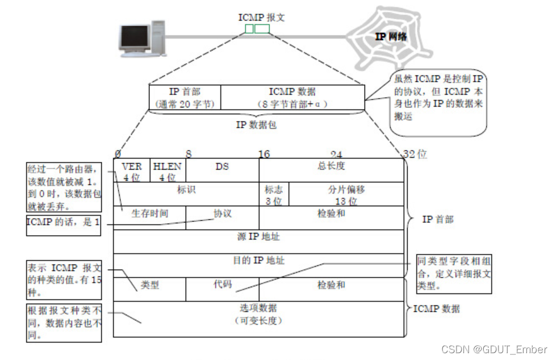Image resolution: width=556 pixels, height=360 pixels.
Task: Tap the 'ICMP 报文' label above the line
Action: coord(261,18)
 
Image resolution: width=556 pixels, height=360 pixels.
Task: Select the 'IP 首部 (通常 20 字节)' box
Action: coord(185,97)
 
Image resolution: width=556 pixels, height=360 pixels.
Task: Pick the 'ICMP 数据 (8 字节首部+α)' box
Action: coord(292,97)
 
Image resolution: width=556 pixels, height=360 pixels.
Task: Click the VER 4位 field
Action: coord(132,171)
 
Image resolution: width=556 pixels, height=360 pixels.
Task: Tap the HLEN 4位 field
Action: coord(168,171)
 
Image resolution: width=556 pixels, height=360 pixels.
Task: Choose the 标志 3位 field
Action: coord(274,194)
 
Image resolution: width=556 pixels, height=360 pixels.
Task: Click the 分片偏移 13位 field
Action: coord(346,194)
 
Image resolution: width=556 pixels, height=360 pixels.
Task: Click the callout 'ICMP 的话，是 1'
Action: coord(63,223)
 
